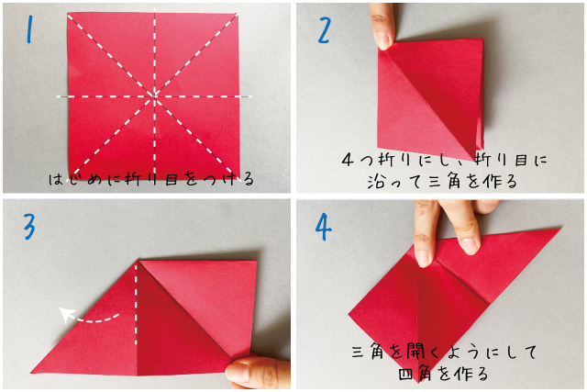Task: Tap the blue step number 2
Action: pyautogui.click(x=324, y=30)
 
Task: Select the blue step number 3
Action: pyautogui.click(x=29, y=226)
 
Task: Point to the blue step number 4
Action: pyautogui.click(x=323, y=227)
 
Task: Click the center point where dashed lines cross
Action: pyautogui.click(x=154, y=96)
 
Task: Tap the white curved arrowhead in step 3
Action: pyautogui.click(x=65, y=314)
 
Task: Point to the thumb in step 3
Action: pyautogui.click(x=259, y=372)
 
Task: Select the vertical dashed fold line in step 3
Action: pyautogui.click(x=136, y=305)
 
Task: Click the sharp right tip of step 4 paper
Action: pyautogui.click(x=561, y=228)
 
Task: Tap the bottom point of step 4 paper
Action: pyautogui.click(x=418, y=382)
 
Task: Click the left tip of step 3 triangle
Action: pyautogui.click(x=31, y=372)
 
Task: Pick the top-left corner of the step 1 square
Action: pyautogui.click(x=68, y=14)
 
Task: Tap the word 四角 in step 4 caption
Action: pyautogui.click(x=414, y=374)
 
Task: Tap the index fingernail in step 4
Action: pyautogui.click(x=423, y=258)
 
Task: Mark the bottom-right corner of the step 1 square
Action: pyautogui.click(x=238, y=176)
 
